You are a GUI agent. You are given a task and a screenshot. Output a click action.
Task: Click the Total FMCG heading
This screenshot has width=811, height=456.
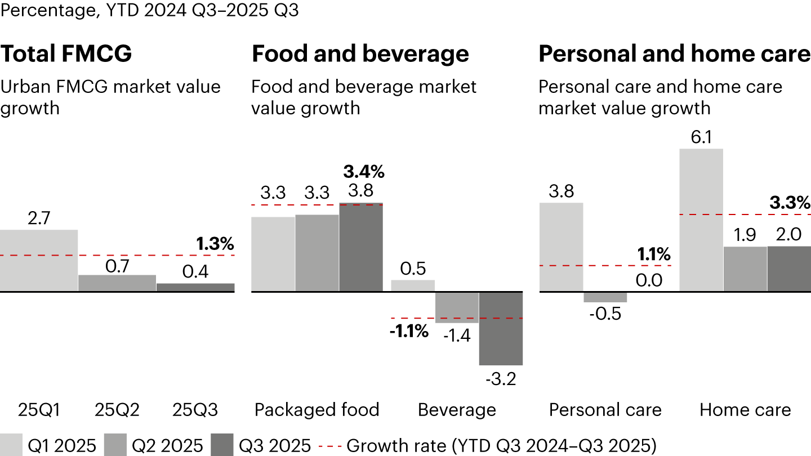click(66, 54)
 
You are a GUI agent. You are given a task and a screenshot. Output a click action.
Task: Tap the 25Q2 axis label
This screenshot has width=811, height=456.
click(117, 409)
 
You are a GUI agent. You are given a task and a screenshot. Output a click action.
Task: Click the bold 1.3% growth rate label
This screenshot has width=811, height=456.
click(215, 244)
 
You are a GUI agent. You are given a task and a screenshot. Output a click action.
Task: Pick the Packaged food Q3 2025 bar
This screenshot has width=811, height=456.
click(361, 247)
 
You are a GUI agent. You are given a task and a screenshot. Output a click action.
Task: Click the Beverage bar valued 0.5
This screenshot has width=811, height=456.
click(413, 286)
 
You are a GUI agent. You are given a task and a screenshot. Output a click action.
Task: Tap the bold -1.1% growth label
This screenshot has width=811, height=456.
click(409, 332)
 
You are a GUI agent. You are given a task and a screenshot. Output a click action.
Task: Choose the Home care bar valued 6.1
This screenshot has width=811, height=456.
click(701, 220)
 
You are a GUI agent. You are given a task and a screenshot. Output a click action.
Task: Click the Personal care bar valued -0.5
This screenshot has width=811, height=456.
click(605, 297)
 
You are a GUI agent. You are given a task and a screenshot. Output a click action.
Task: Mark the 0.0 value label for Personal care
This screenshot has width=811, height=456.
click(649, 279)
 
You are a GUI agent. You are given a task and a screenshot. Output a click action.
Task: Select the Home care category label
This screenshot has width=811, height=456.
click(745, 409)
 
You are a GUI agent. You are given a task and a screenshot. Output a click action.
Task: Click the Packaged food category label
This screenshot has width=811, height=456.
click(317, 409)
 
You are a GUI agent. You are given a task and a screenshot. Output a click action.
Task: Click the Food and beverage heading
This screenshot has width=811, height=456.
click(360, 54)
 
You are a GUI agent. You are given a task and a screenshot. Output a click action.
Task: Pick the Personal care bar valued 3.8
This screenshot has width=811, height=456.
click(562, 247)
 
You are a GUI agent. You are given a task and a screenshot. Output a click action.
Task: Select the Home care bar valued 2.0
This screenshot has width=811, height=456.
click(789, 269)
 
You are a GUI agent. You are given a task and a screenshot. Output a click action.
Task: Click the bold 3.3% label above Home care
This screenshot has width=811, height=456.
click(791, 202)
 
